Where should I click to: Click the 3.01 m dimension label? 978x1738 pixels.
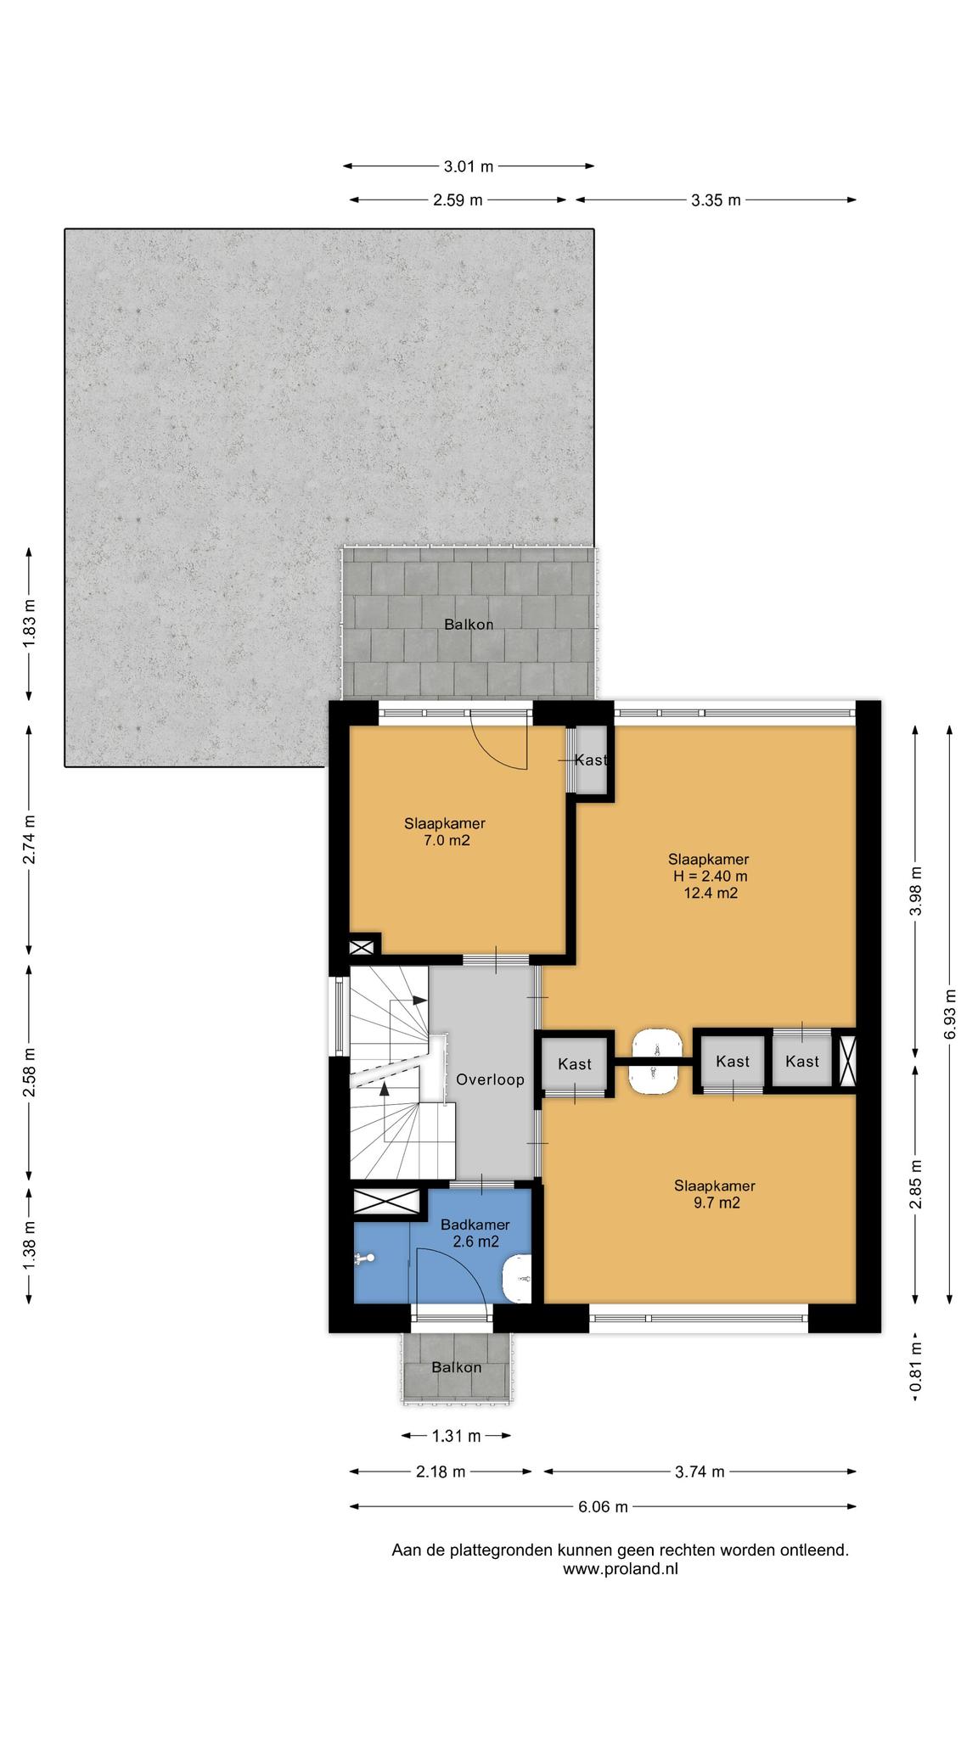pyautogui.click(x=468, y=166)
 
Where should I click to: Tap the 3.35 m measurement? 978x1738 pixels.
pyautogui.click(x=716, y=200)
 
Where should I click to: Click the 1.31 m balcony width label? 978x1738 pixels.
pyautogui.click(x=456, y=1436)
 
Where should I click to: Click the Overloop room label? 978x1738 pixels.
pyautogui.click(x=490, y=1079)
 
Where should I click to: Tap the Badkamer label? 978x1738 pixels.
pyautogui.click(x=475, y=1225)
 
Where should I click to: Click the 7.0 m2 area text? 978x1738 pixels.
pyautogui.click(x=444, y=841)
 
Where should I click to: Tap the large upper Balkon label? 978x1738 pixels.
pyautogui.click(x=469, y=625)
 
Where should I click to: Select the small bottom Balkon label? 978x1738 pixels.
pyautogui.click(x=456, y=1367)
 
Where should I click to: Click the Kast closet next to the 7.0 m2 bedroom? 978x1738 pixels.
pyautogui.click(x=591, y=760)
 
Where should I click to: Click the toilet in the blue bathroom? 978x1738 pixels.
pyautogui.click(x=517, y=1280)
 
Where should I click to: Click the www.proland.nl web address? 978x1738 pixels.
pyautogui.click(x=620, y=1569)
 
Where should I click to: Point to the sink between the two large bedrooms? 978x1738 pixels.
pyautogui.click(x=654, y=1062)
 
